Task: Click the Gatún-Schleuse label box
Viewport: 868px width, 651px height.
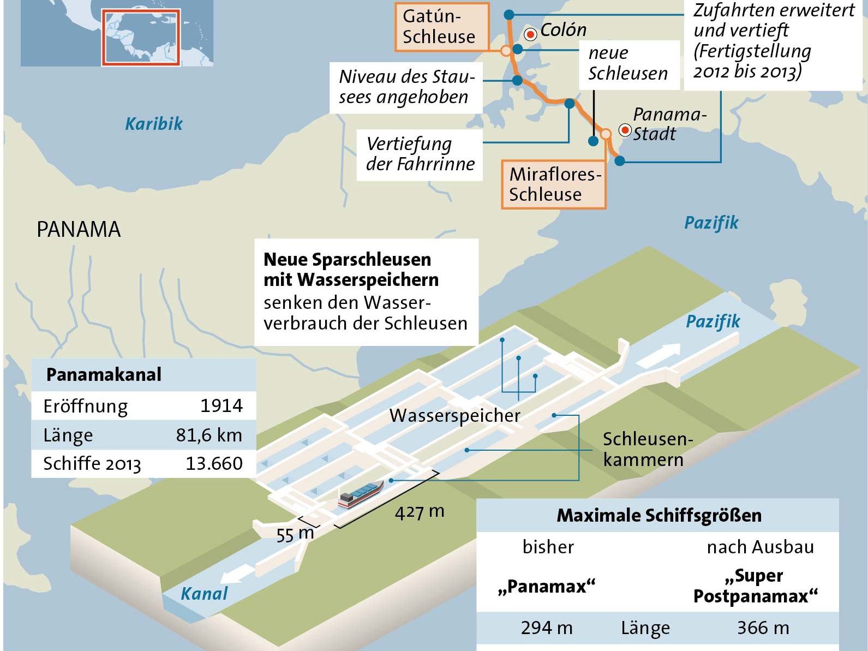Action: [438, 26]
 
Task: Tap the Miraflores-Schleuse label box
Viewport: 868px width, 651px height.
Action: [554, 184]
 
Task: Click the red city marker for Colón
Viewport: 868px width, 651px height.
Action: [530, 34]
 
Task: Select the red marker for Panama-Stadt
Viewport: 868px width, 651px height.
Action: [625, 130]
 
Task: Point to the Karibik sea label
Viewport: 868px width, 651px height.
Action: [154, 124]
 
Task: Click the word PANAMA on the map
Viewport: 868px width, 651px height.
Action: [79, 230]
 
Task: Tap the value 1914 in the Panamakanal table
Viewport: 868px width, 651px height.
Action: [221, 406]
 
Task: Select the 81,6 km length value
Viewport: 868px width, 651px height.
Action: [209, 435]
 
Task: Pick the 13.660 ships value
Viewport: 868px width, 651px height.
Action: [214, 464]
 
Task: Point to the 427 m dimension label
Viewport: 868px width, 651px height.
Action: [420, 512]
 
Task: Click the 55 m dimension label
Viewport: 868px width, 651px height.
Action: [295, 534]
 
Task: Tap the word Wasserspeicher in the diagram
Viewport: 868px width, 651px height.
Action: [455, 416]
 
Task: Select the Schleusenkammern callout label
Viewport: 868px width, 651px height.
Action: [646, 449]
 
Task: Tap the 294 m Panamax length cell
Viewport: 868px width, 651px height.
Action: [547, 628]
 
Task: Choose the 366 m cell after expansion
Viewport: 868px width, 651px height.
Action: [763, 628]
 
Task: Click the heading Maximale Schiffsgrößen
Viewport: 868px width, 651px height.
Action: [659, 516]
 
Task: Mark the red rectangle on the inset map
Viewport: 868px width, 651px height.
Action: [141, 37]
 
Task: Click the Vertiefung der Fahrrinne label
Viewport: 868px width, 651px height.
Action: [420, 154]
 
